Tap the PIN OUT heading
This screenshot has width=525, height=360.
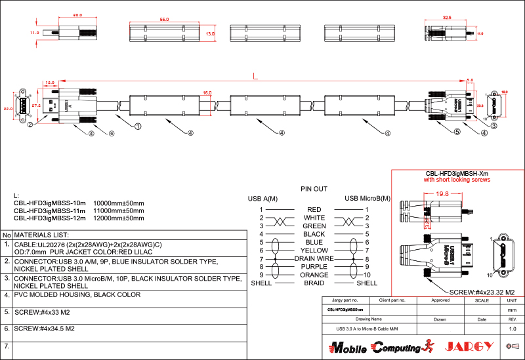pos(314,189)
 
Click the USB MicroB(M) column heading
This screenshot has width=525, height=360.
pos(367,199)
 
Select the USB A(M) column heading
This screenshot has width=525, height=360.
pos(262,199)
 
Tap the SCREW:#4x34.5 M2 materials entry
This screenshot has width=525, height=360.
pos(44,329)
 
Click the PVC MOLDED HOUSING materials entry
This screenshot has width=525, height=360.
pos(77,295)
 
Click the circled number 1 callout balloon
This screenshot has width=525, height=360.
pos(138,125)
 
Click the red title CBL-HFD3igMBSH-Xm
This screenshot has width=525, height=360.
pos(457,173)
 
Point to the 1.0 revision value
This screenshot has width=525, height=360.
pos(513,329)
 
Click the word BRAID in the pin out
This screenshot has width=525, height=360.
pos(314,283)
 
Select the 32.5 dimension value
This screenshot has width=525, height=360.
pos(447,18)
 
